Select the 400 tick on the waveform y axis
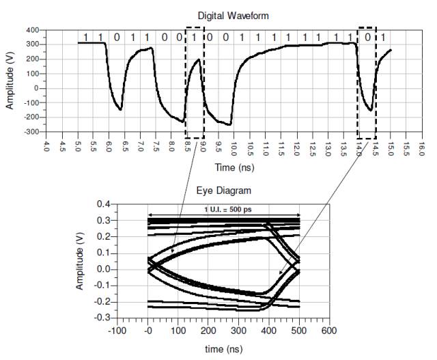32,31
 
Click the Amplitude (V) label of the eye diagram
81,260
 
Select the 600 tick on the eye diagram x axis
329,331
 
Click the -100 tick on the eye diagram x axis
117,331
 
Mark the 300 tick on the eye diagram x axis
238,331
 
